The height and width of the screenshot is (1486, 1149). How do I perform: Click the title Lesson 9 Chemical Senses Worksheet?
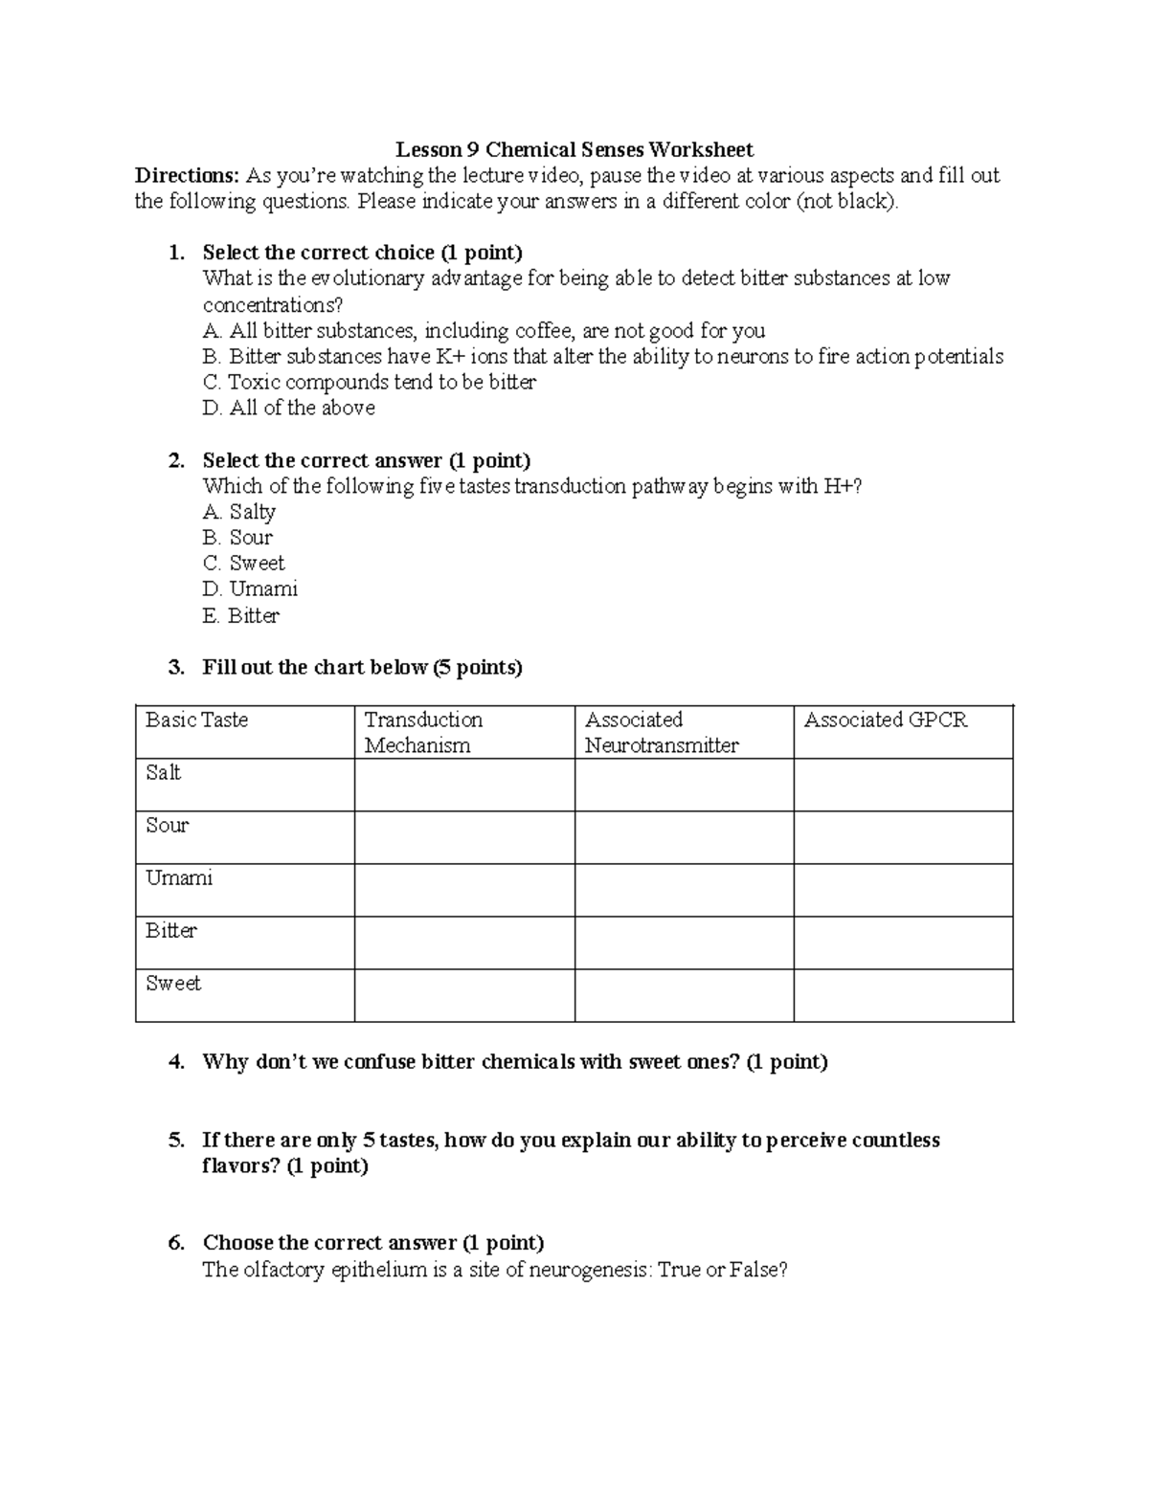point(574,149)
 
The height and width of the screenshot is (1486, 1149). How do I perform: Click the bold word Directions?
point(187,175)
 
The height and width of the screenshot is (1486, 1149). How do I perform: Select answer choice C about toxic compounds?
point(370,382)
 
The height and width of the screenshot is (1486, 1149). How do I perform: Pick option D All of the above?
point(289,408)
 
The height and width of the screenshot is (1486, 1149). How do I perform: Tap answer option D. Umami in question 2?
point(250,588)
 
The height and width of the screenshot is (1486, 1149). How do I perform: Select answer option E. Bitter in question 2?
point(241,615)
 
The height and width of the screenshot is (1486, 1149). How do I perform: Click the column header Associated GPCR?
point(885,720)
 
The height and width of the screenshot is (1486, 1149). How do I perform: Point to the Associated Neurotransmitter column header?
point(661,732)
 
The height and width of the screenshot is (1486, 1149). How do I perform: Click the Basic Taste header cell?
point(196,720)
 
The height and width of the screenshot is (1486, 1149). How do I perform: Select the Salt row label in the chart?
point(163,772)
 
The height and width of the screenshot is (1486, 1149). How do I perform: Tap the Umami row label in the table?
point(178,877)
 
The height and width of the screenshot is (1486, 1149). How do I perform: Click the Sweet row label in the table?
point(173,983)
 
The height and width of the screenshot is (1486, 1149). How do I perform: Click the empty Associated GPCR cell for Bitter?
point(903,943)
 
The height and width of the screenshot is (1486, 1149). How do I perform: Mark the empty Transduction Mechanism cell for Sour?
point(464,837)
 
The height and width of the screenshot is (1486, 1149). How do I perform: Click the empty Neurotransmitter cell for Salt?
point(684,785)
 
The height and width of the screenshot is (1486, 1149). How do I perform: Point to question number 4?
point(175,1061)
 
